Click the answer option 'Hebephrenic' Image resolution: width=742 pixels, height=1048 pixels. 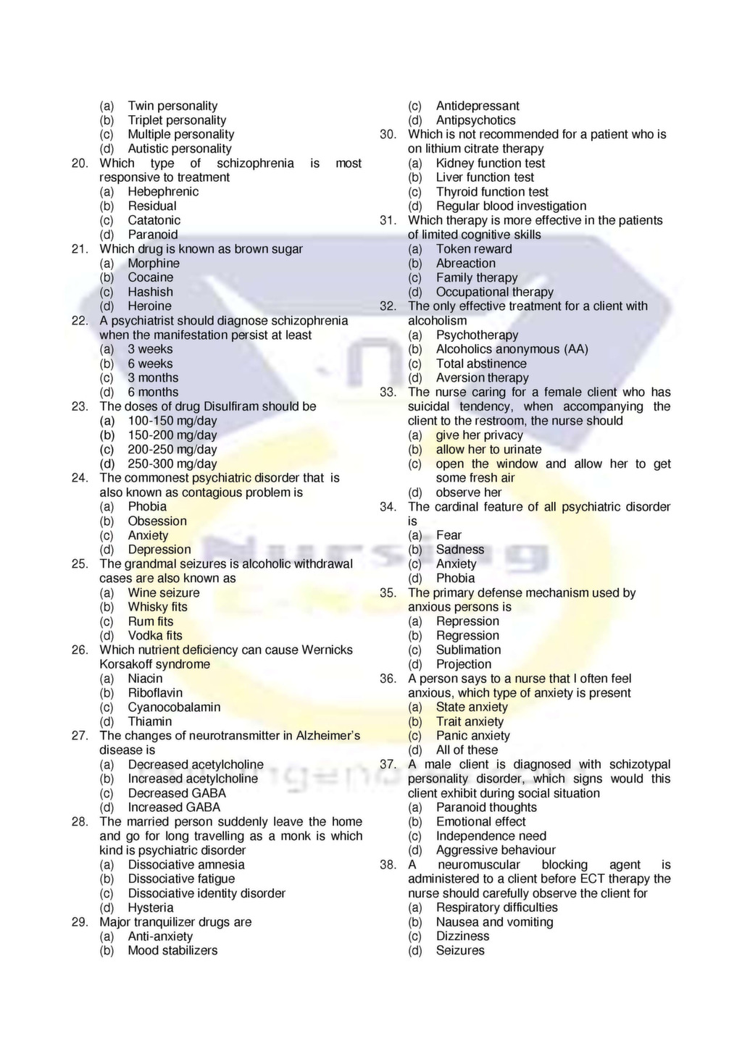pos(163,192)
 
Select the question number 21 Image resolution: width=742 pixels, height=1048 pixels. pos(80,249)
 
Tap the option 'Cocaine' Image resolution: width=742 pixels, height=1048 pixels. pos(151,277)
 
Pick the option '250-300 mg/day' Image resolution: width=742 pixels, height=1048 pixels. pos(172,464)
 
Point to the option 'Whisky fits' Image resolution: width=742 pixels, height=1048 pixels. pos(157,607)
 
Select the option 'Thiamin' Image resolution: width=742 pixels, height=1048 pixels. pos(150,721)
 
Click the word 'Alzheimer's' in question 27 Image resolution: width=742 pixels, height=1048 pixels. pos(328,736)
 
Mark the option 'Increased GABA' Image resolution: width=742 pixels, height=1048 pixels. pos(174,808)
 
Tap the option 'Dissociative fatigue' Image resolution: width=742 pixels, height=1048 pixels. pos(181,879)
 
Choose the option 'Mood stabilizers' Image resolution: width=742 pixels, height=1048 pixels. pos(172,950)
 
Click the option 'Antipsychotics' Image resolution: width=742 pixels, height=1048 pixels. pos(476,120)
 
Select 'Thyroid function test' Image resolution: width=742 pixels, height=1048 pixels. pos(492,192)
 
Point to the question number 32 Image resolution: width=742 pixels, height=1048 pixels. pos(388,306)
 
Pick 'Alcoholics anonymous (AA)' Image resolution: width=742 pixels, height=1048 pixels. pos(512,349)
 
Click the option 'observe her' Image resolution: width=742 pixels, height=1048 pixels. pos(468,492)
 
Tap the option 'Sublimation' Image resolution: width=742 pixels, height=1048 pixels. pos(468,650)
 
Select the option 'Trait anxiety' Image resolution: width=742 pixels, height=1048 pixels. pos(470,721)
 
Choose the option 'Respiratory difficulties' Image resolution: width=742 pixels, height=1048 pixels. pos(496,907)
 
